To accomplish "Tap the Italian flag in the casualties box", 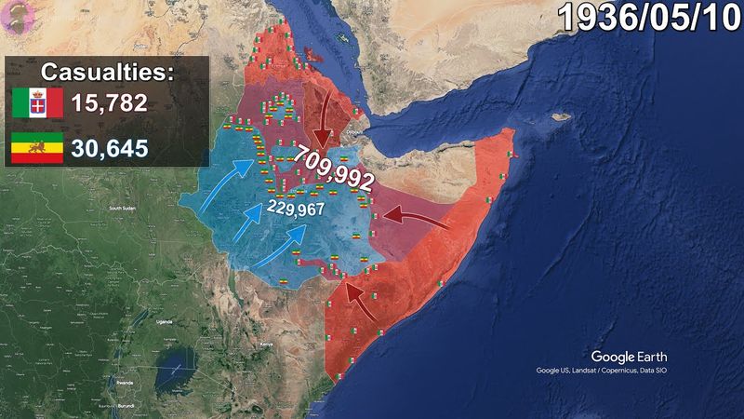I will point(37,103).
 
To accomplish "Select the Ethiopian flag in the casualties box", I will point(37,147).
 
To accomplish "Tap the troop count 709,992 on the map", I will point(335,169).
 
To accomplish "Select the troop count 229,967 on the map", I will point(295,209).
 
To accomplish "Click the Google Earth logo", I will point(629,357).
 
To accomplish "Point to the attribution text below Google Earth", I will point(601,371).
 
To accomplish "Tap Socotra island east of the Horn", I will point(559,117).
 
